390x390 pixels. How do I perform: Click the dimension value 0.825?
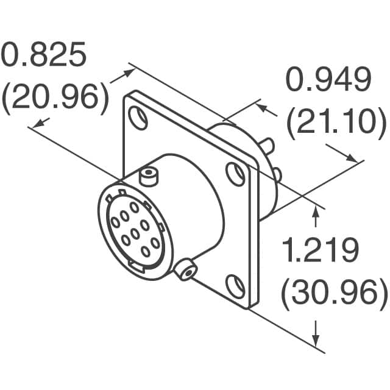tap(43, 57)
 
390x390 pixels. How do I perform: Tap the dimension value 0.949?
tap(328, 81)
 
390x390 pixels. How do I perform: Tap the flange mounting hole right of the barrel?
tap(235, 174)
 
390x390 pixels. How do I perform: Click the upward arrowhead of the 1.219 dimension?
tap(316, 211)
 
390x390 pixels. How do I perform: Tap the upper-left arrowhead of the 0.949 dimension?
tap(260, 108)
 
